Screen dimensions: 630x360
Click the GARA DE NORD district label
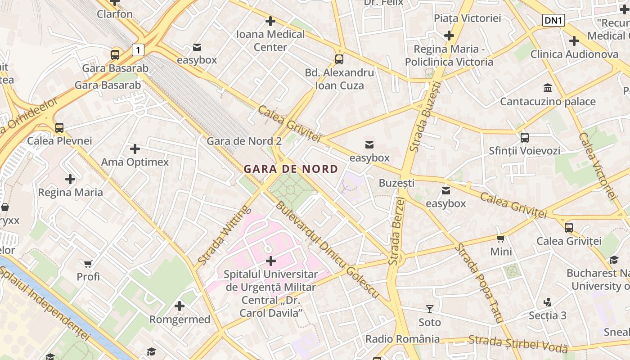[x=291, y=169]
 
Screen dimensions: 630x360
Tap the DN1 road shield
[x=553, y=20]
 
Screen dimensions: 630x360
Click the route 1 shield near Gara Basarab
[x=138, y=49]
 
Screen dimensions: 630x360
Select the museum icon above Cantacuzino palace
[x=548, y=88]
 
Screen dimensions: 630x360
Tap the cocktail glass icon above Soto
[x=430, y=309]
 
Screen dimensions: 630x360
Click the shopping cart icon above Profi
[x=88, y=263]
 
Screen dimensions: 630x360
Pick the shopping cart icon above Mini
[x=501, y=238]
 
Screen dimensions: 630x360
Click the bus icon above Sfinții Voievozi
[x=524, y=137]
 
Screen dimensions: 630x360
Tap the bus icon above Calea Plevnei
[x=59, y=127]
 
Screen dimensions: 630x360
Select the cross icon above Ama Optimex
[x=135, y=148]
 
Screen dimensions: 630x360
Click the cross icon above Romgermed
[x=180, y=306]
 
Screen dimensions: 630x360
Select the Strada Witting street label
[x=224, y=235]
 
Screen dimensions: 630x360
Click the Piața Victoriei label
[x=467, y=18]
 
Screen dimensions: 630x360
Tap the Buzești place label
[x=396, y=183]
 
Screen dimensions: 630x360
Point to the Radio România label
[x=402, y=339]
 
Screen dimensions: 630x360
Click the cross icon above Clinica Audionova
[x=574, y=41]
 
